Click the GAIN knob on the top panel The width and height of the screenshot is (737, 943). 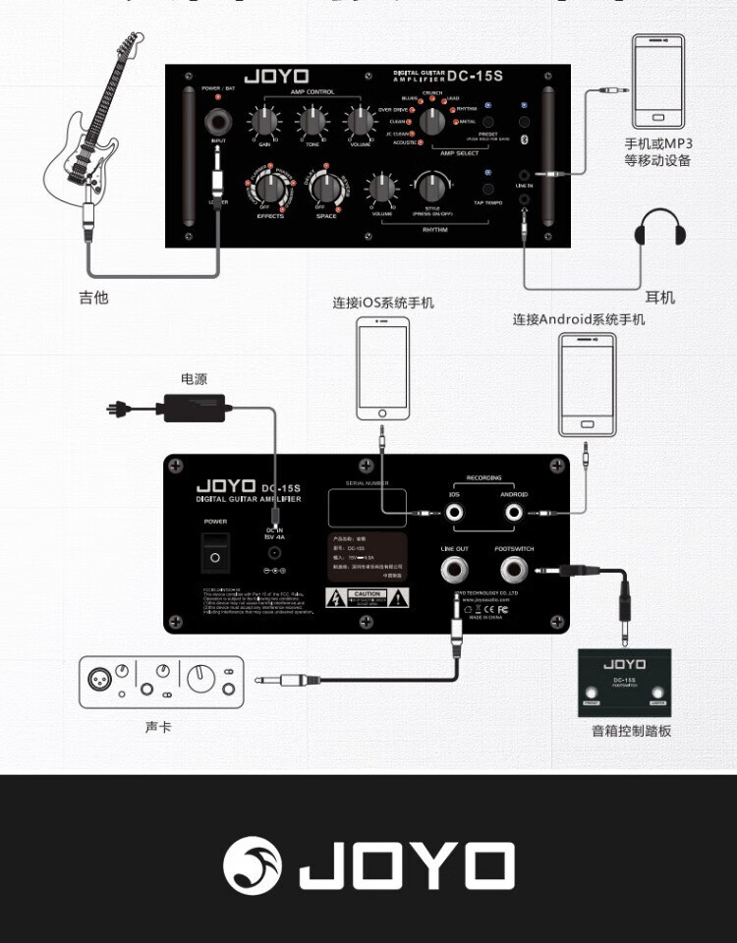click(x=264, y=123)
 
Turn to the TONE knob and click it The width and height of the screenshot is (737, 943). click(x=312, y=123)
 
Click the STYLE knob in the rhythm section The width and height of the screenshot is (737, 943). click(x=431, y=187)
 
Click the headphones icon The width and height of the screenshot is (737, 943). click(x=659, y=230)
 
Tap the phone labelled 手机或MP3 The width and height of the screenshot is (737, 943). click(x=659, y=83)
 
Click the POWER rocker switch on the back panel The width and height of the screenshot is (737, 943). click(x=216, y=553)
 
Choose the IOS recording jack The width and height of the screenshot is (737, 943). click(x=455, y=513)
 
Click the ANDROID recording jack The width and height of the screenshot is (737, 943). click(x=513, y=513)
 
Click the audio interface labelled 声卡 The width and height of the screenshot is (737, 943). click(x=161, y=682)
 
